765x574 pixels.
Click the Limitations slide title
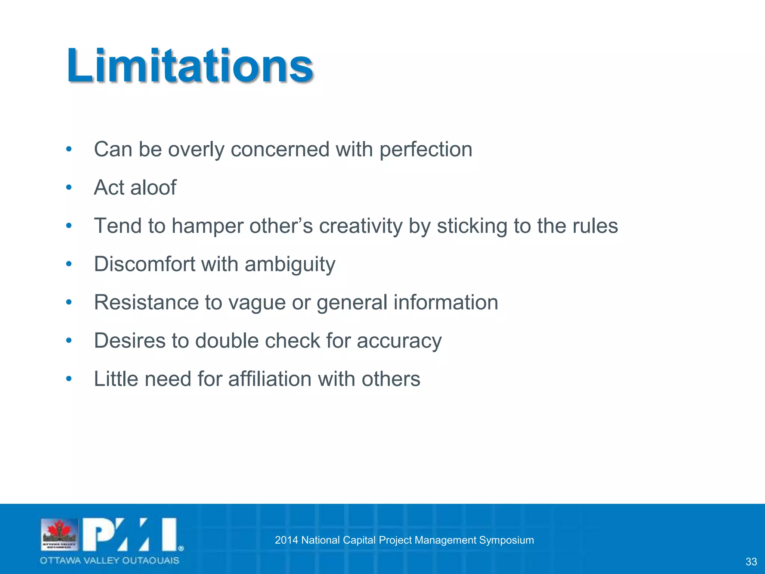[x=190, y=66]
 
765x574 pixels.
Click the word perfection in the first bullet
[x=426, y=150]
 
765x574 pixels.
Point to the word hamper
[x=207, y=226]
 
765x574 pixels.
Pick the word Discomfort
[x=145, y=264]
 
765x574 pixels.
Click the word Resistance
[x=146, y=302]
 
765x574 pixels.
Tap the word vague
[x=257, y=303]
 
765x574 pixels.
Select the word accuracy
[x=399, y=341]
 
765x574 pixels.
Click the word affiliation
[x=270, y=379]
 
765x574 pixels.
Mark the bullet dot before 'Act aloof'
[x=69, y=187]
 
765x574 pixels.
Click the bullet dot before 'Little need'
[x=69, y=379]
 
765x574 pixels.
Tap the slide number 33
[x=751, y=562]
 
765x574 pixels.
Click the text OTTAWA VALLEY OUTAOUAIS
[x=109, y=560]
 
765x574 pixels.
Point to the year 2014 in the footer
[x=287, y=540]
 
